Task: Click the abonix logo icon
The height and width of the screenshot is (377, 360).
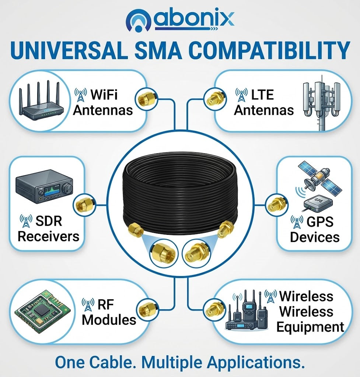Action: (x=139, y=21)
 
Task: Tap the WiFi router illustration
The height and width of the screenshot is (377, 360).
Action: (x=41, y=100)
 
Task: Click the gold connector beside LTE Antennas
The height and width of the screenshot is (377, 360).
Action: (x=214, y=98)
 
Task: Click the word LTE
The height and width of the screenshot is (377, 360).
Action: (x=263, y=95)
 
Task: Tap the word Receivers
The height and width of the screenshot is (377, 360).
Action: (x=48, y=236)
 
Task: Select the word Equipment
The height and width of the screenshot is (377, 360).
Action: (x=310, y=327)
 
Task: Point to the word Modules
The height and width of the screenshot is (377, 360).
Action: (x=109, y=320)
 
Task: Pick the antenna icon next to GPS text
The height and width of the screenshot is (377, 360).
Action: (x=297, y=222)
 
